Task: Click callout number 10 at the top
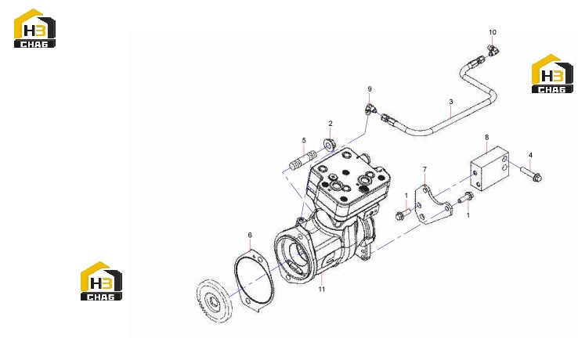tap(493, 32)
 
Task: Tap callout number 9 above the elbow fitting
tap(370, 89)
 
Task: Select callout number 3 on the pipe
tap(451, 102)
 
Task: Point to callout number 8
tap(486, 138)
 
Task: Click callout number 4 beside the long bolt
tap(530, 156)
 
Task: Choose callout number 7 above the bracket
tap(424, 170)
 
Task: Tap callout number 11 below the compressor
tap(322, 290)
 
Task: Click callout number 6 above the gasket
tap(250, 235)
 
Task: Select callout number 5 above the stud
tap(304, 140)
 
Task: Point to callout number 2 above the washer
tap(331, 124)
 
